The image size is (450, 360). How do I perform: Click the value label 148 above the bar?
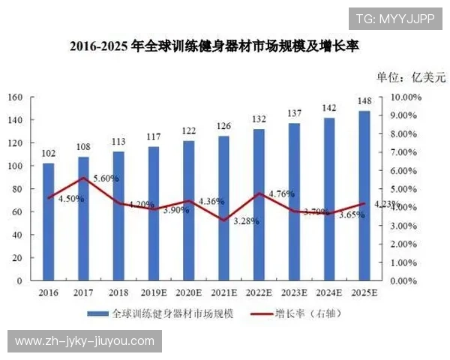[364, 101]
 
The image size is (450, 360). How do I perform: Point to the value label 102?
[48, 154]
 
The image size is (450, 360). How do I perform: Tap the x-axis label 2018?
[119, 292]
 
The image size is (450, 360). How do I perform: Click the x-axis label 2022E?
[259, 292]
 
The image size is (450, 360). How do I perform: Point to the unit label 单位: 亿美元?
[411, 76]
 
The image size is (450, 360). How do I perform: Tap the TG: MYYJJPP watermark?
[394, 19]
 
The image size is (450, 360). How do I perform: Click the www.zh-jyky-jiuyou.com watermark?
[84, 341]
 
